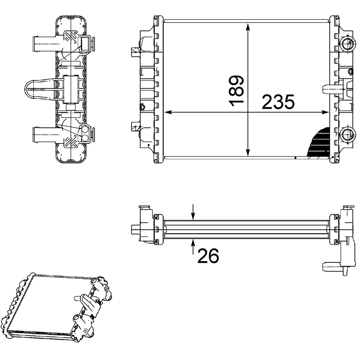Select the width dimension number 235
(278, 102)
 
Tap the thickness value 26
(208, 256)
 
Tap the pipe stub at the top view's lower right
(330, 266)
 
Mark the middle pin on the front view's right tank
(328, 88)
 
